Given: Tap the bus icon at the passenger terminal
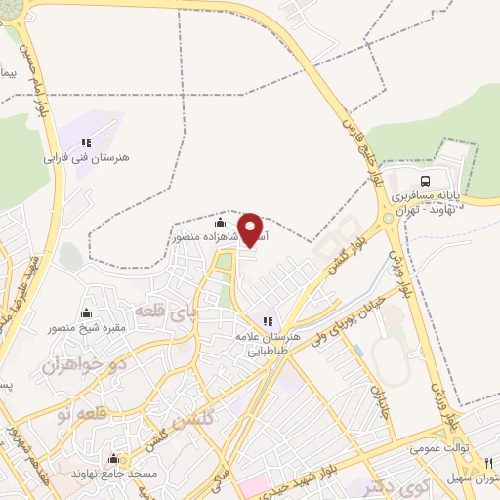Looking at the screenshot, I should (425, 181).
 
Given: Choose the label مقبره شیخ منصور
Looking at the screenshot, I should (89, 328).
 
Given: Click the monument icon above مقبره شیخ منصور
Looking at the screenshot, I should (87, 313).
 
